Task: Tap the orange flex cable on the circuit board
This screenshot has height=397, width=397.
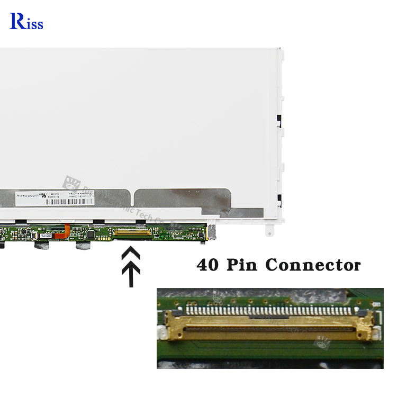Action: pos(66,230)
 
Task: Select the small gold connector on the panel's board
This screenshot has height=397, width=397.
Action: pos(131,231)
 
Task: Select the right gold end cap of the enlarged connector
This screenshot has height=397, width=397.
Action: pos(365,324)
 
